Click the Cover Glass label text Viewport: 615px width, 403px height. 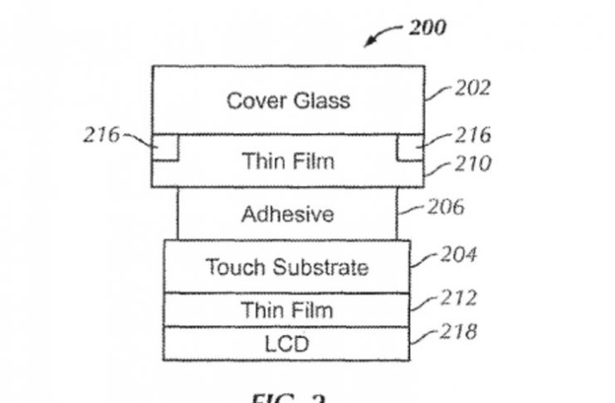(288, 101)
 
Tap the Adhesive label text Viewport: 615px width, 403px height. (287, 215)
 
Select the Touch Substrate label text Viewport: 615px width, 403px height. (286, 267)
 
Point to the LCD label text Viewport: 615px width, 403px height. (286, 343)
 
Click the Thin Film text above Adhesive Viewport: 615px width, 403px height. (287, 160)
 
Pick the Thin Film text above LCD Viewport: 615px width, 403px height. (286, 310)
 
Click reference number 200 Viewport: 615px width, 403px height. (427, 27)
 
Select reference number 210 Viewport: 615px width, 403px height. (471, 163)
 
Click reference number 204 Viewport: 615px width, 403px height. (458, 255)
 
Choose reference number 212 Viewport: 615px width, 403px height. (458, 297)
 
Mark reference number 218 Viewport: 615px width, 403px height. (458, 333)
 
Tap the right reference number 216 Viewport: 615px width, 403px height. (472, 135)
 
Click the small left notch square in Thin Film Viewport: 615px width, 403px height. (164, 149)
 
